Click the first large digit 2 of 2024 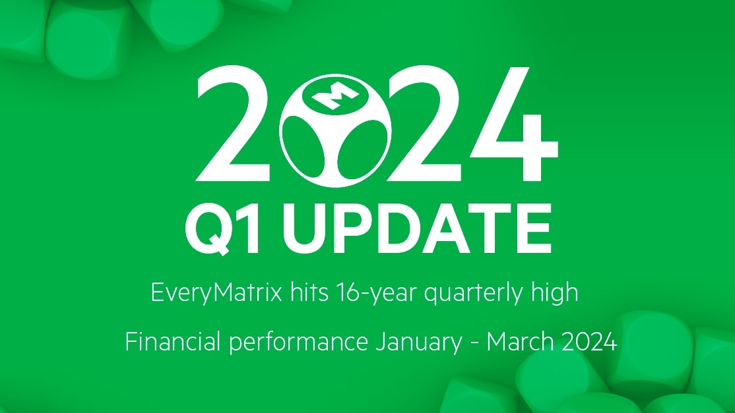233,124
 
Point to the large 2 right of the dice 424,124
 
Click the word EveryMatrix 217,293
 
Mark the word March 520,341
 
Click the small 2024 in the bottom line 589,341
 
